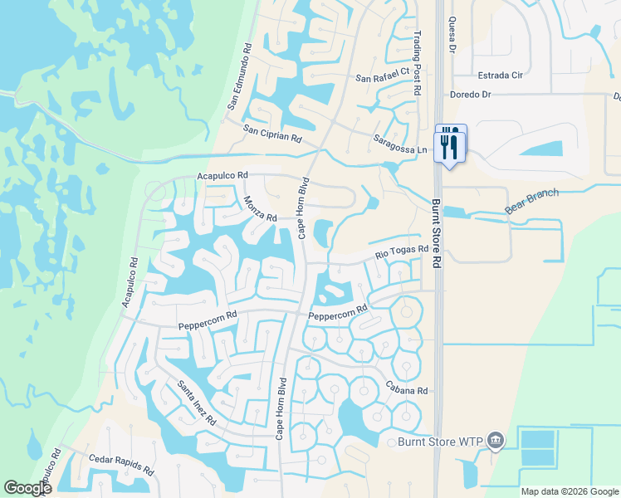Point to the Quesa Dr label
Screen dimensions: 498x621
[x=452, y=33]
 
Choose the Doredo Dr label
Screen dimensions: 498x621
[x=471, y=95]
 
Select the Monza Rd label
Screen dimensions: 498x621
[x=260, y=207]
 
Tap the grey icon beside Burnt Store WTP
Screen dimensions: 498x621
[x=496, y=440]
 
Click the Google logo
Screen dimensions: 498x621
[x=28, y=488]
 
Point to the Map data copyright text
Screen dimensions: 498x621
[x=569, y=491]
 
